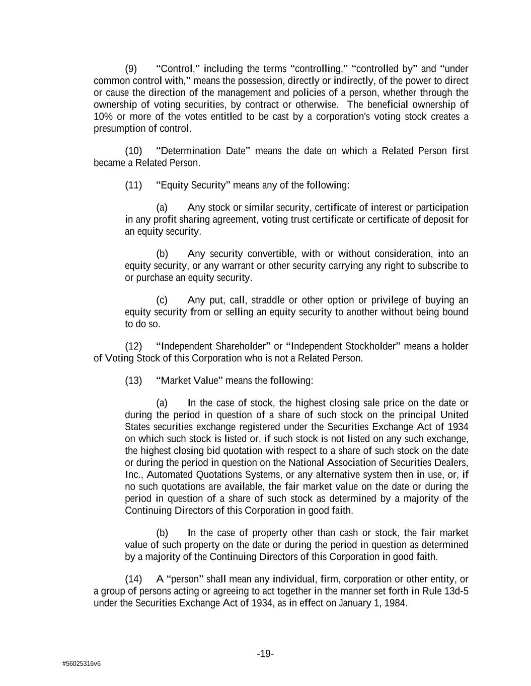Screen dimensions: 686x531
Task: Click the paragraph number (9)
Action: point(130,69)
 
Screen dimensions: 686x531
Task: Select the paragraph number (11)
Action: point(133,185)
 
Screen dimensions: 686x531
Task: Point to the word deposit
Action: point(439,220)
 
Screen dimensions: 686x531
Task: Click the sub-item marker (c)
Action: point(162,301)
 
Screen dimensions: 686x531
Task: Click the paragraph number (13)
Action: point(133,381)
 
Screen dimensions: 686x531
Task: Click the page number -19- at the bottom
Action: point(265,654)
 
